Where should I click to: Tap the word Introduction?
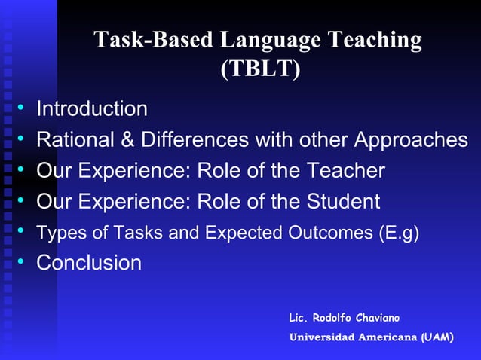(x=92, y=109)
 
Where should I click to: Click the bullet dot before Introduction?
(x=23, y=108)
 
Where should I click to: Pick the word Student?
(x=343, y=202)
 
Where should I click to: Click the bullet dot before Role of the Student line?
(x=23, y=201)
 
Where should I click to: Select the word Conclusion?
(x=89, y=263)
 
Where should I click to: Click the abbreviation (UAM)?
(x=437, y=337)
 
